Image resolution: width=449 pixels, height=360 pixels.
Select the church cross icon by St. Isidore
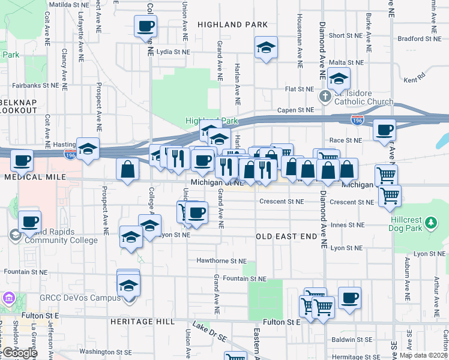pyautogui.click(x=324, y=96)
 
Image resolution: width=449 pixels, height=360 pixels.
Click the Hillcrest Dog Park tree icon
pyautogui.click(x=430, y=223)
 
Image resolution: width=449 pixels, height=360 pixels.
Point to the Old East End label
pyautogui.click(x=286, y=236)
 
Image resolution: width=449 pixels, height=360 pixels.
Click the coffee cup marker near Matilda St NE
pyautogui.click(x=146, y=27)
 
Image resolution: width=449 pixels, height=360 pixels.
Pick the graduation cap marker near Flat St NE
pyautogui.click(x=339, y=78)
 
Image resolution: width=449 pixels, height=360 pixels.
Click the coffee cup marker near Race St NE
pyautogui.click(x=384, y=130)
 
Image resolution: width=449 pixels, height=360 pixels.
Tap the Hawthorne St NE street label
pyautogui.click(x=221, y=261)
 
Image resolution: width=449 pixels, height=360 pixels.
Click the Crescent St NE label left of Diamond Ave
pyautogui.click(x=282, y=202)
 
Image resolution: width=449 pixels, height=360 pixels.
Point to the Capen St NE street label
pyautogui.click(x=295, y=110)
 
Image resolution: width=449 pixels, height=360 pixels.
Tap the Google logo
pyautogui.click(x=19, y=352)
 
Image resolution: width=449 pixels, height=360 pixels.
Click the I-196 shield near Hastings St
pyautogui.click(x=70, y=155)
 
